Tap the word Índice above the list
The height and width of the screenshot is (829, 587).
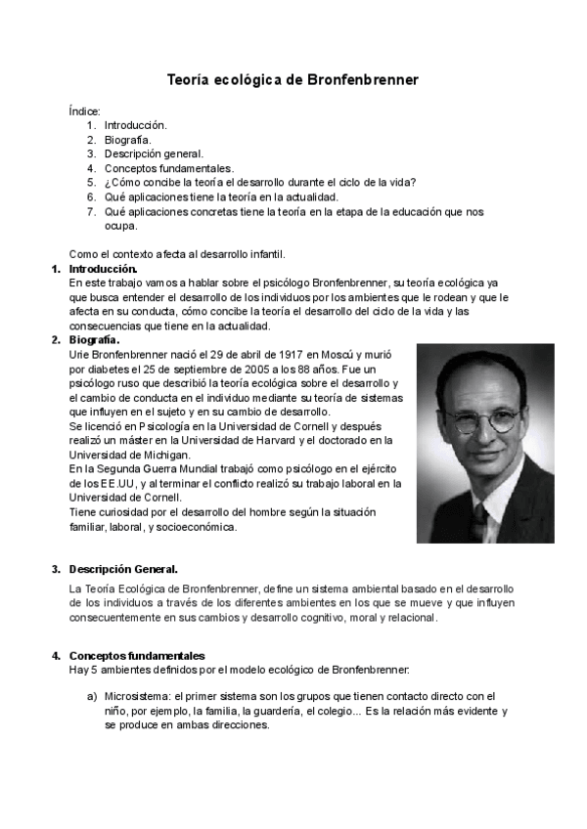click(85, 111)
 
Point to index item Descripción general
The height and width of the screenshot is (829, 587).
click(155, 153)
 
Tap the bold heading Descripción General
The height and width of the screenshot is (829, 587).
click(123, 569)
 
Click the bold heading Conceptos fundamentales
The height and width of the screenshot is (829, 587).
click(137, 655)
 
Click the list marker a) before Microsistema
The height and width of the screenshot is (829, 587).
click(91, 697)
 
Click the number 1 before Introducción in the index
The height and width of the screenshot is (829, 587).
click(91, 125)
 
